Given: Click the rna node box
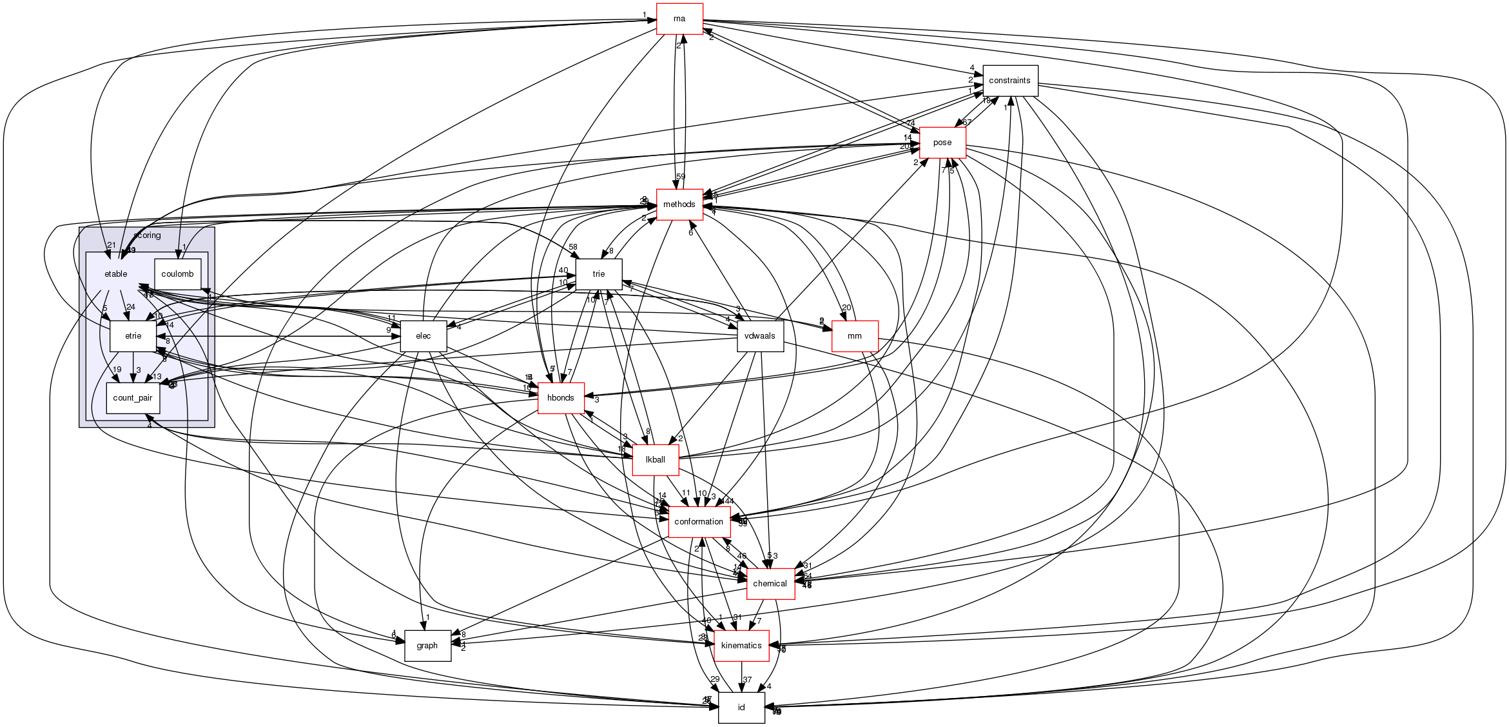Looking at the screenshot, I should tap(679, 19).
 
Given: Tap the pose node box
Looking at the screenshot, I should tap(942, 143).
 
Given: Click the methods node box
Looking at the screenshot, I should tap(679, 204).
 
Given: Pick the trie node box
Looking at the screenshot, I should tap(598, 274).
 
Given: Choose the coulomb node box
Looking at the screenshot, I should tap(177, 274).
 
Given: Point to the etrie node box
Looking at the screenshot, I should tap(133, 336).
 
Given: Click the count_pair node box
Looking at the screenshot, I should tap(133, 398).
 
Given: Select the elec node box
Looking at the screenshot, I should tap(423, 336).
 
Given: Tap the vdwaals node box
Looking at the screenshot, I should tap(759, 336).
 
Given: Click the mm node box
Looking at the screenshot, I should tap(855, 336).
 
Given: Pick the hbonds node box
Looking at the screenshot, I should tap(560, 398).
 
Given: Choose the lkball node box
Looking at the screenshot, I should tap(656, 460).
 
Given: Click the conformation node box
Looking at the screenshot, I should tap(699, 522).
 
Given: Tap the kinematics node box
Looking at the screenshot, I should tap(741, 646).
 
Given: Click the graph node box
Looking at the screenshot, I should tap(427, 646).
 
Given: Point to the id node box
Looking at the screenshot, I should tap(741, 708).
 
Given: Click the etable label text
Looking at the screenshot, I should tap(116, 274).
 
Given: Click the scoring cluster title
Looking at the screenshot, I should tap(147, 235).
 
